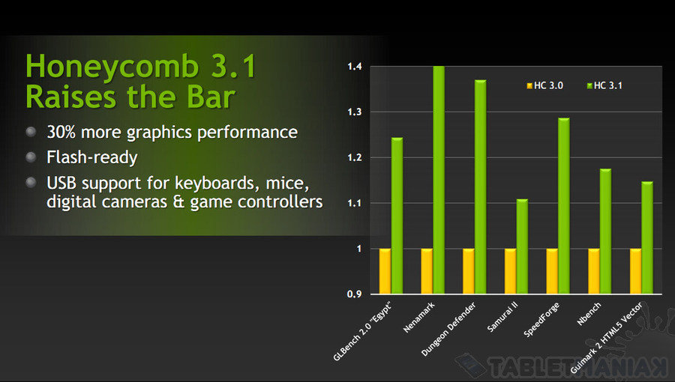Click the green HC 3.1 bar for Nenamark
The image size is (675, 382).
439,180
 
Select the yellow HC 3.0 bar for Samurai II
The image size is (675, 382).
510,271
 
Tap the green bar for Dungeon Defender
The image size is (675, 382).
481,187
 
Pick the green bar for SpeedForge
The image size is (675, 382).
564,206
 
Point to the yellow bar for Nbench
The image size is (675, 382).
594,271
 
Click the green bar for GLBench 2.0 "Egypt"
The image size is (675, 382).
397,216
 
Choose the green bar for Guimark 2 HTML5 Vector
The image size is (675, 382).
647,237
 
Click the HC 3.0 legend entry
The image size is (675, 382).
545,85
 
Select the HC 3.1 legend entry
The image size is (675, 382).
604,85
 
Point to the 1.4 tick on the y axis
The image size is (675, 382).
355,67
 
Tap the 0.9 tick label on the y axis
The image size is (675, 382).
354,294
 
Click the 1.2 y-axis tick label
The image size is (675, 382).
355,158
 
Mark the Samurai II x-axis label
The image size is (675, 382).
502,317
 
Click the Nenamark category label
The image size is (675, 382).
418,317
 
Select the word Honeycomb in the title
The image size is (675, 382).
112,67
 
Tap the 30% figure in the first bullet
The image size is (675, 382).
61,132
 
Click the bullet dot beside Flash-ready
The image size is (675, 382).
31,157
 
